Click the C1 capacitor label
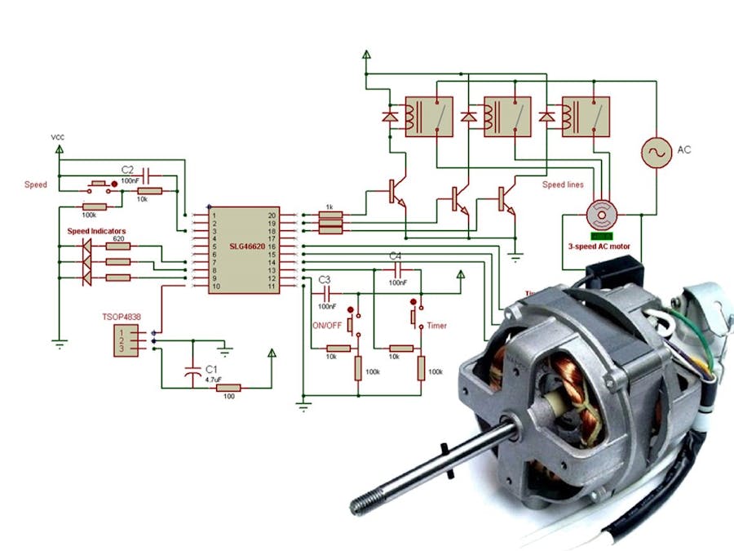[x=211, y=368]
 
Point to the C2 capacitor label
[x=127, y=169]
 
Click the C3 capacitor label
[x=325, y=278]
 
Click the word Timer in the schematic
[x=437, y=325]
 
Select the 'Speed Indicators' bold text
[x=95, y=232]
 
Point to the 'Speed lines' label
[x=563, y=184]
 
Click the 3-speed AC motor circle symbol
[x=602, y=215]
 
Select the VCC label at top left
[x=58, y=137]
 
